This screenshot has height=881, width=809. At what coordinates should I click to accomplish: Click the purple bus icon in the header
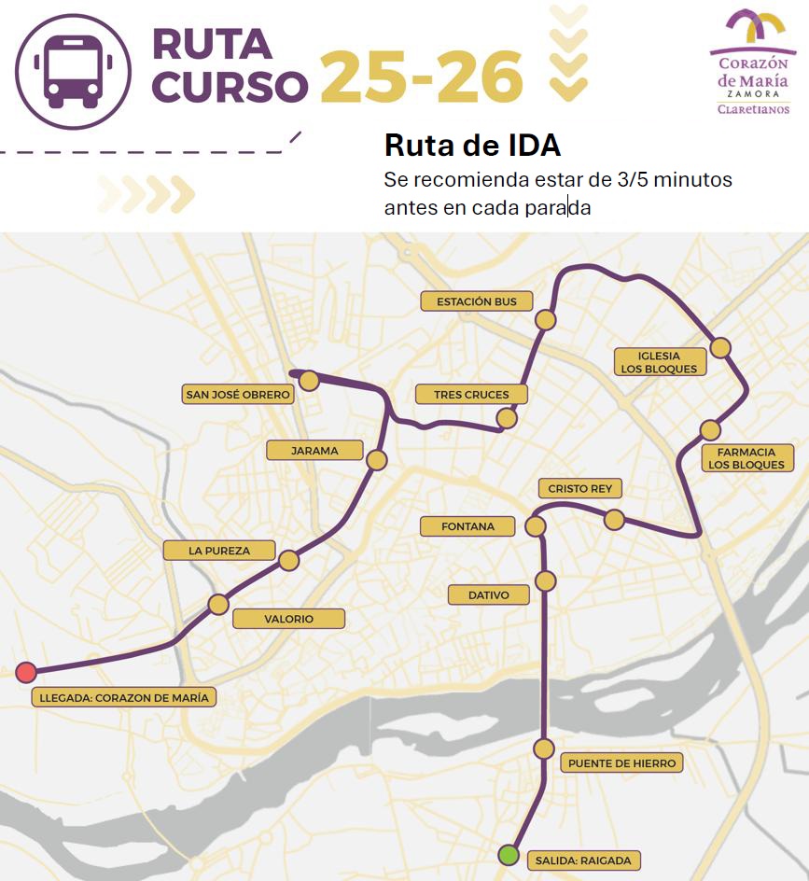[x=72, y=71]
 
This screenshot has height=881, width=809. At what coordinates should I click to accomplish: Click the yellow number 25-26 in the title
[x=421, y=77]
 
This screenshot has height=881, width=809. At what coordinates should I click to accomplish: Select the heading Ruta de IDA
[x=472, y=146]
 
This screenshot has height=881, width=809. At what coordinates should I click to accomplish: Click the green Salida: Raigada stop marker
[x=509, y=854]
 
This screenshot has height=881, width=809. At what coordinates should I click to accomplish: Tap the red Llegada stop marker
[x=26, y=672]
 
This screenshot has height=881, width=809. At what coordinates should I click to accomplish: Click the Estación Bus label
[x=477, y=301]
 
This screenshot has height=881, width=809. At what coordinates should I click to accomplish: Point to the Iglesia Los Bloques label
[x=659, y=362]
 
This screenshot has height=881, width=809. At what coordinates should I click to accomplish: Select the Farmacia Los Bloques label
[x=746, y=458]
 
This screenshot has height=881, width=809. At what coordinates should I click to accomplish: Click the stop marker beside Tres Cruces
[x=507, y=418]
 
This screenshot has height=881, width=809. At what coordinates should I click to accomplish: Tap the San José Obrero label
[x=239, y=395]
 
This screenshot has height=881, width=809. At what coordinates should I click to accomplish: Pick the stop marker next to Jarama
[x=377, y=460]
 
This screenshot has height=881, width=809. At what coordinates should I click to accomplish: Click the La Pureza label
[x=219, y=551]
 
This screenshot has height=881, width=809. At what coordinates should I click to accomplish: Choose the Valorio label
[x=288, y=619]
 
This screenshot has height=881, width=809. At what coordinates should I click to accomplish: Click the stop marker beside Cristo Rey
[x=614, y=520]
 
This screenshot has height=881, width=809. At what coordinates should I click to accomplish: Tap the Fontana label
[x=467, y=526]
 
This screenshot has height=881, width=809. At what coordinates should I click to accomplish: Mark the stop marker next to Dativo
[x=546, y=581]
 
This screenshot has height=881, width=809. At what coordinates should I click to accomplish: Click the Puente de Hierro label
[x=621, y=763]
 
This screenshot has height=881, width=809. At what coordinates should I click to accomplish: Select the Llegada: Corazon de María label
[x=124, y=697]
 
